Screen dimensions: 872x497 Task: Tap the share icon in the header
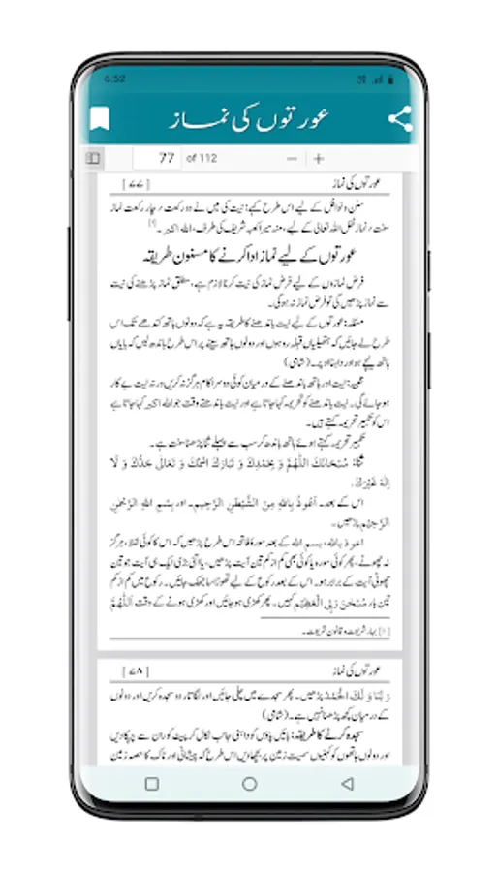(399, 119)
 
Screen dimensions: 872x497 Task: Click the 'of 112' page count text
(201, 158)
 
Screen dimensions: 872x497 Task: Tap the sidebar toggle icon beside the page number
(93, 158)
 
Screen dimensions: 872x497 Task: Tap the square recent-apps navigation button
(151, 784)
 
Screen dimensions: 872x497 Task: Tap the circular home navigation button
(249, 784)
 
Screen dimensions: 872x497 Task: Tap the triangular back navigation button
(347, 784)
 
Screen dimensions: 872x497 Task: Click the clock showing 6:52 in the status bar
(113, 78)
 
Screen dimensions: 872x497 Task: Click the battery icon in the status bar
(388, 78)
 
